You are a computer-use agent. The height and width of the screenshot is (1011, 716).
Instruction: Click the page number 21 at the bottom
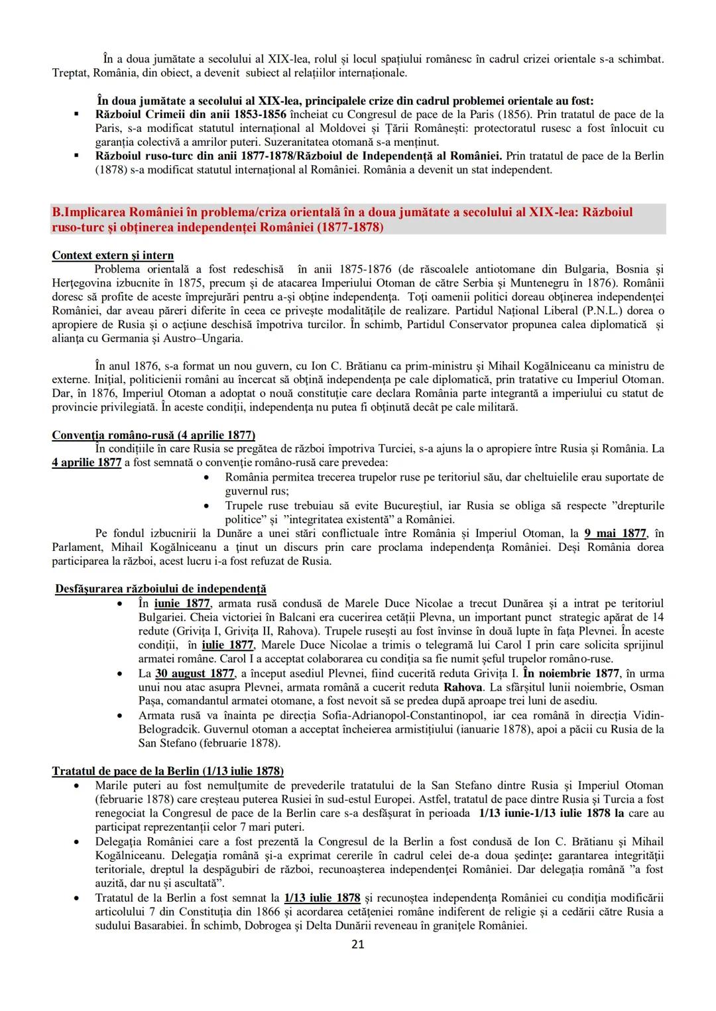[357, 944]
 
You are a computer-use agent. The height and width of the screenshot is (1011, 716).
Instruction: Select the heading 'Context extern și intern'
[113, 255]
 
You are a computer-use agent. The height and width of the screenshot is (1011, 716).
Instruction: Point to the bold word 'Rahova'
[462, 687]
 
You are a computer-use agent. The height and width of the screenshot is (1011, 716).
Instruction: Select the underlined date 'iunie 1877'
[182, 603]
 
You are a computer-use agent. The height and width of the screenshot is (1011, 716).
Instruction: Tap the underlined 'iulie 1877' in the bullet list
[227, 645]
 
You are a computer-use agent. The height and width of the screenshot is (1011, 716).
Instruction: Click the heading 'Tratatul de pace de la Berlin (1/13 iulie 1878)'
[168, 771]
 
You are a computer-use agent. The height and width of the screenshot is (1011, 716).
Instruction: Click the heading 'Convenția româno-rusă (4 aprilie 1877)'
[153, 435]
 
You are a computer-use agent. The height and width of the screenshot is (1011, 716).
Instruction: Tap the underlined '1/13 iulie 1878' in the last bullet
[322, 898]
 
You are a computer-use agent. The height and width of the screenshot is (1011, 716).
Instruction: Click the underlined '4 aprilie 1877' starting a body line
[86, 462]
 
